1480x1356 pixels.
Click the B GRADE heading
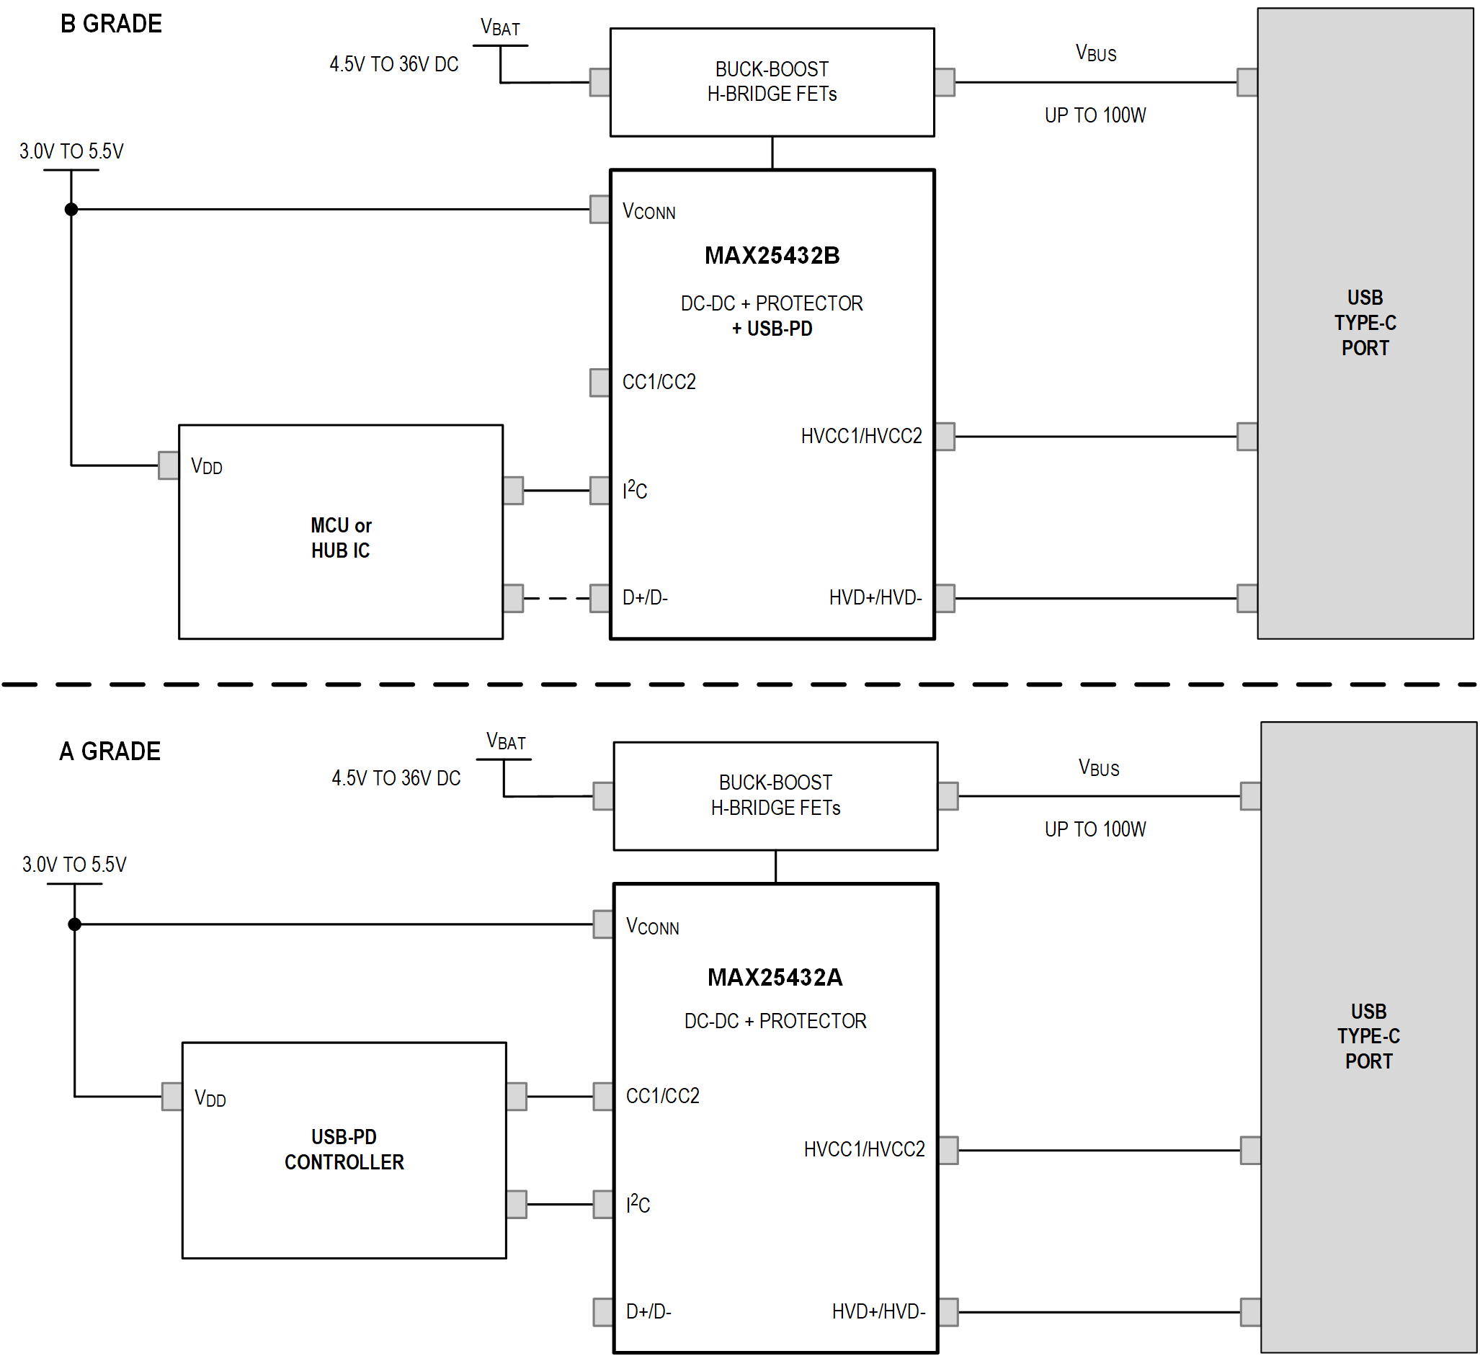point(111,24)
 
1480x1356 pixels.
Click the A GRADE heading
point(110,751)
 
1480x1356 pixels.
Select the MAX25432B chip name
point(772,256)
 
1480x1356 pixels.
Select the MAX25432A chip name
point(775,978)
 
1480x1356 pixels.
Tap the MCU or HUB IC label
point(341,538)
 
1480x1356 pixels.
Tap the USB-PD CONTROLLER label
point(344,1150)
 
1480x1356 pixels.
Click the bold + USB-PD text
point(772,329)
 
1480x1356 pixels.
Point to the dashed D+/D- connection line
point(556,598)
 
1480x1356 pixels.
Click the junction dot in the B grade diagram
point(71,209)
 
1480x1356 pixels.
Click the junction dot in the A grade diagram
point(74,924)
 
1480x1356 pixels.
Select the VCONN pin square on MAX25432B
point(599,209)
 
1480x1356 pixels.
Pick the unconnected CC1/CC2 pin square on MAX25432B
point(599,383)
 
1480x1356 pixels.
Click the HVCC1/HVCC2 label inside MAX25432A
point(864,1150)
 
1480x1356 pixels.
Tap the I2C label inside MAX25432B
point(635,490)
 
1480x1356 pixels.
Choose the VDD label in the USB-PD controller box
point(210,1098)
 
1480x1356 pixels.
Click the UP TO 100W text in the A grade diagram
point(1095,829)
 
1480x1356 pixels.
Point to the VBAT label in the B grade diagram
point(500,28)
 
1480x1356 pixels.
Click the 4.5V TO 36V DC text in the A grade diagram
point(396,778)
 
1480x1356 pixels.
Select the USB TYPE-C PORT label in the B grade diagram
point(1365,323)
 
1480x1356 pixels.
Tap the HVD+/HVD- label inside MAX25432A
point(878,1312)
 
